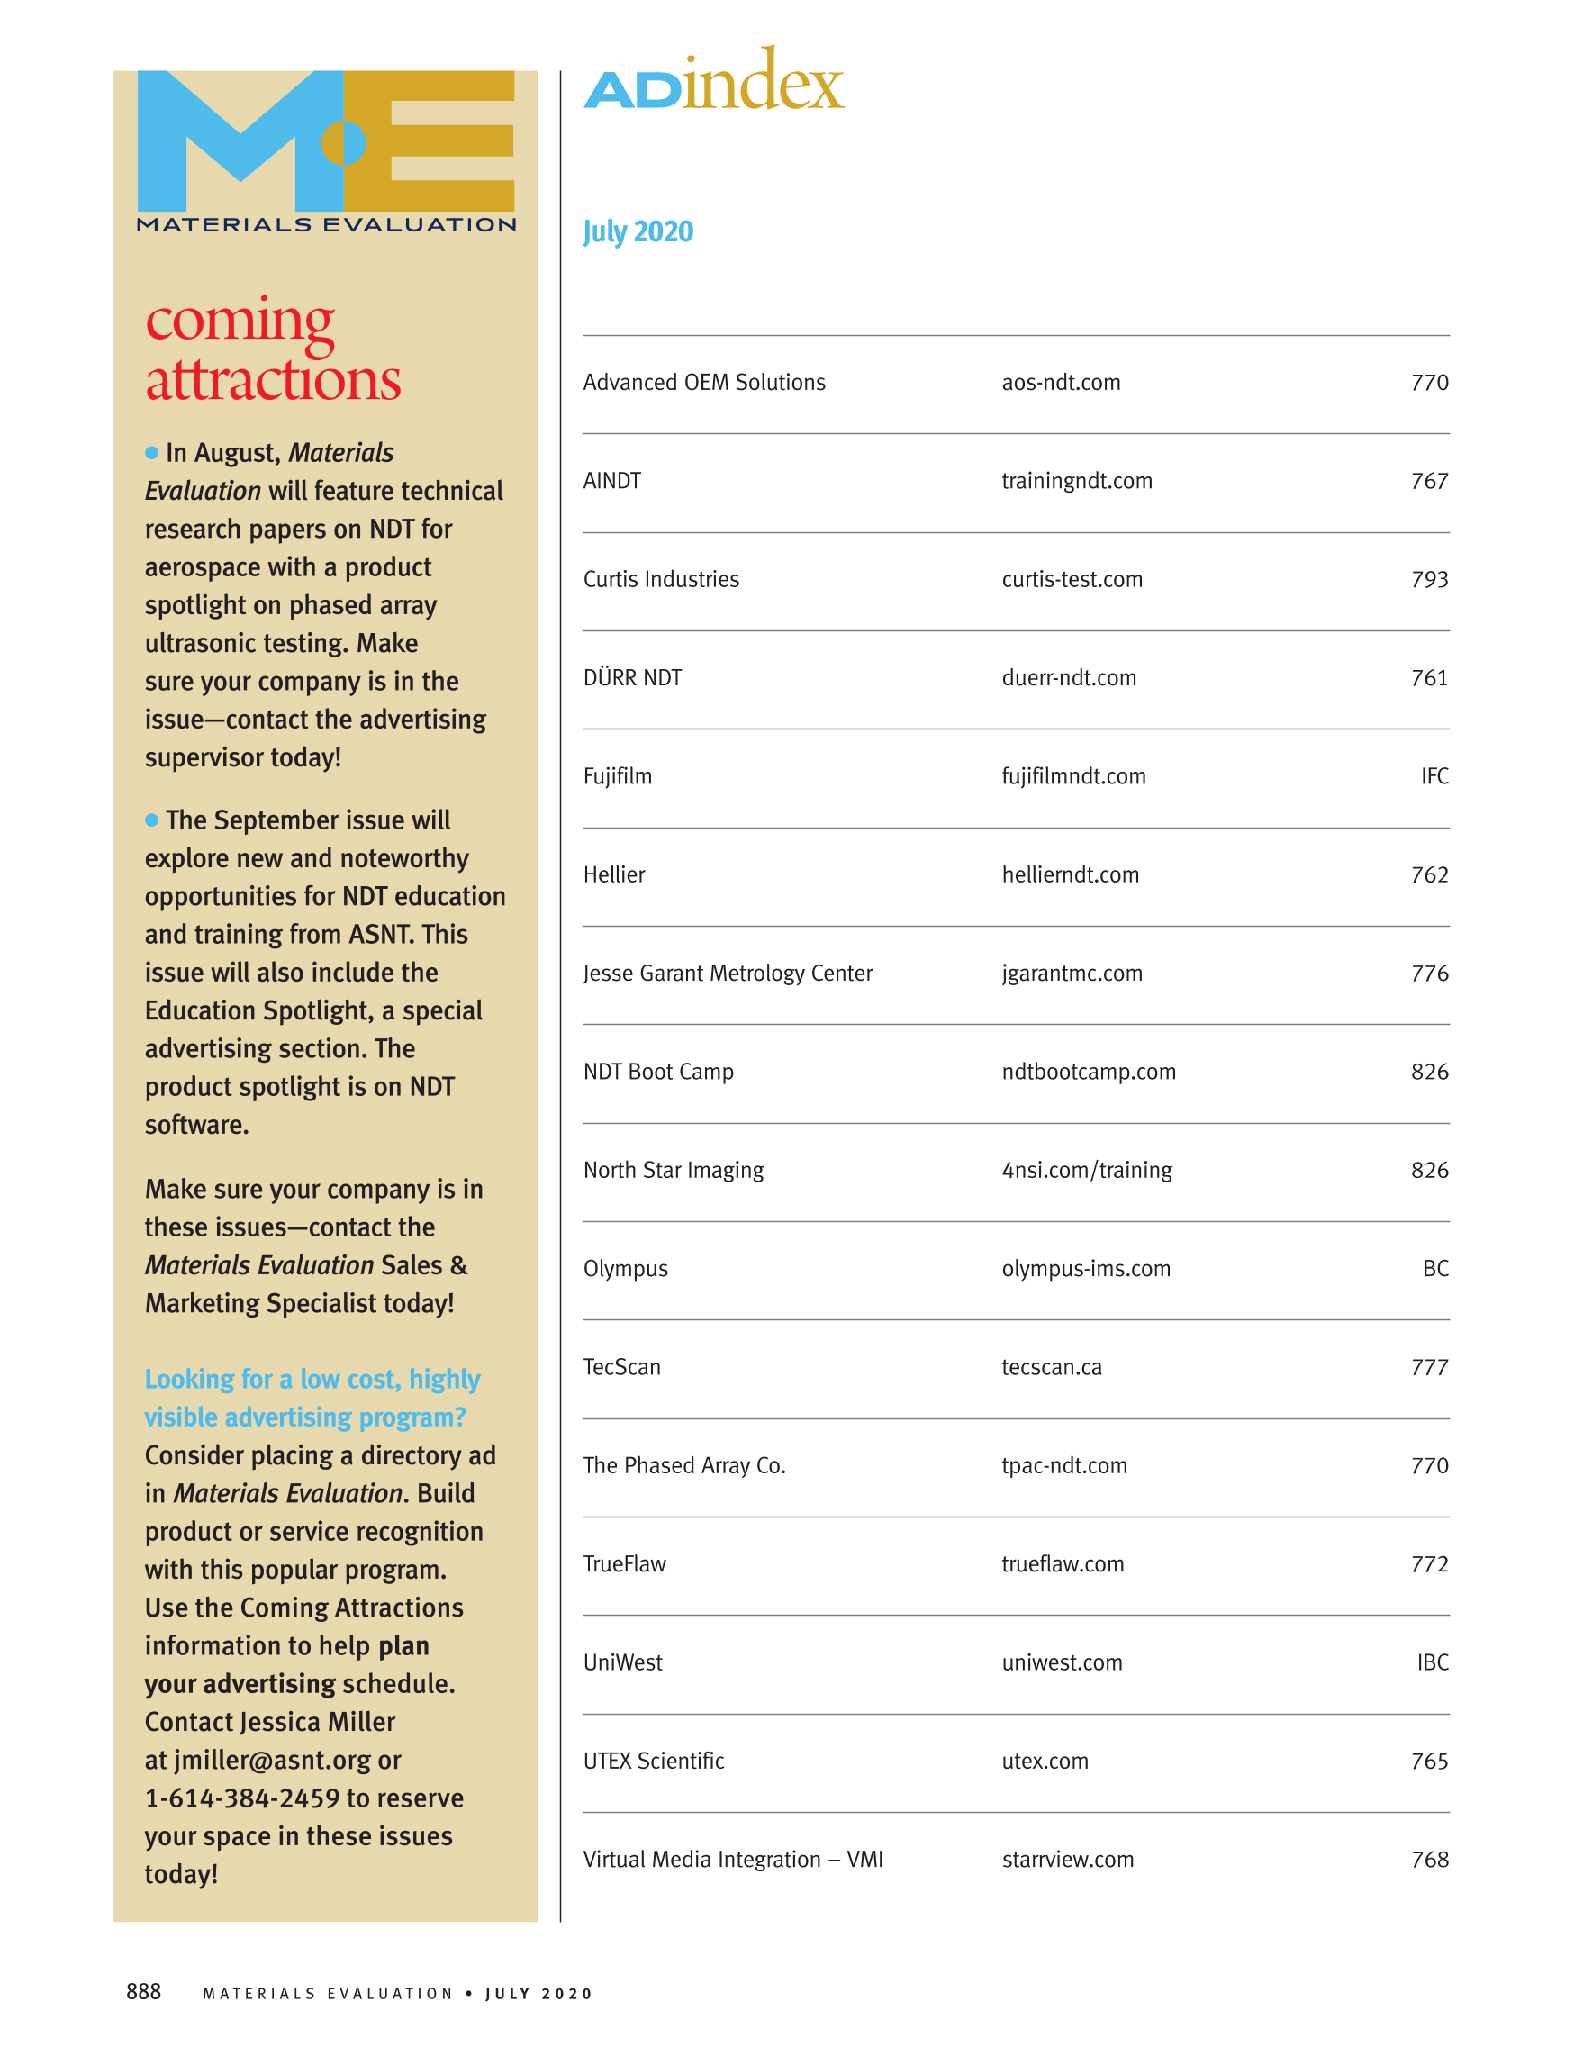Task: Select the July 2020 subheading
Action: coord(638,231)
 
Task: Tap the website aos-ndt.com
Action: coord(1061,383)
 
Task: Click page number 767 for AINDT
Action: coord(1429,481)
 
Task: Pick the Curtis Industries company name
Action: coord(661,580)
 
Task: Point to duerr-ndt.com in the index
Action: coord(1068,678)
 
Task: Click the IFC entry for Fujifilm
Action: coord(1434,776)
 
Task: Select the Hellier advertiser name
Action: coord(613,874)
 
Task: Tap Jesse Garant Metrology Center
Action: coord(728,974)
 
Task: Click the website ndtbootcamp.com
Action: coord(1088,1073)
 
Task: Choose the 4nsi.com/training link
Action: coord(1086,1170)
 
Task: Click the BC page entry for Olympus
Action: coord(1434,1269)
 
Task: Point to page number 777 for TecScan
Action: coord(1429,1367)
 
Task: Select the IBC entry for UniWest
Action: coord(1432,1662)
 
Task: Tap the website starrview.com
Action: coord(1067,1860)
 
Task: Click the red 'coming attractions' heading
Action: coord(272,350)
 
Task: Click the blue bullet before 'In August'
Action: coord(151,453)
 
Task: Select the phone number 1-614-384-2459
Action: coord(242,1798)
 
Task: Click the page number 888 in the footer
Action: coord(143,1991)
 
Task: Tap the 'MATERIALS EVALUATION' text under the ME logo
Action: coord(326,225)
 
